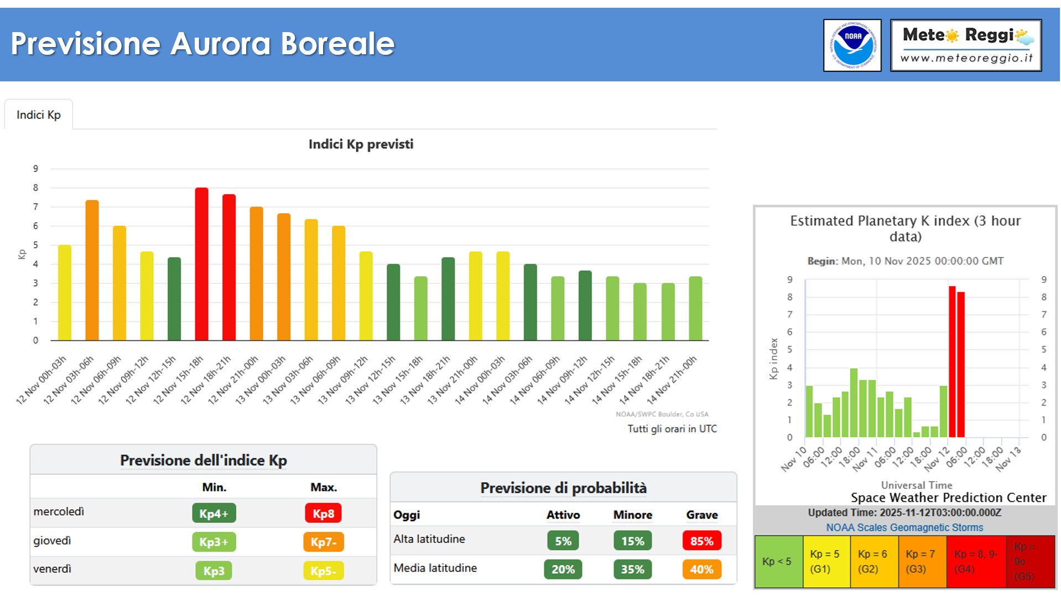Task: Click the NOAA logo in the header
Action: [x=852, y=45]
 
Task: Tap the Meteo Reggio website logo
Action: [x=966, y=45]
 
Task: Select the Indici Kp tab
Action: [x=39, y=115]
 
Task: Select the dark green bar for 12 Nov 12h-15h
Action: [x=174, y=299]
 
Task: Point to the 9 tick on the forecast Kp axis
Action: [x=35, y=169]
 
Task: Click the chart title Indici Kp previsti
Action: [x=361, y=144]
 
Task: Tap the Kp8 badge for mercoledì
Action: [x=323, y=513]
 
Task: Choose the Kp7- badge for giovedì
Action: [x=323, y=542]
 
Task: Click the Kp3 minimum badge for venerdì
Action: [x=214, y=571]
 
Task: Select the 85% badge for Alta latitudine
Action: [x=701, y=541]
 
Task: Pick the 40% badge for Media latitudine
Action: [x=701, y=570]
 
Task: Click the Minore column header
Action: [x=632, y=515]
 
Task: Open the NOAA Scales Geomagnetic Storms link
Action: [x=904, y=527]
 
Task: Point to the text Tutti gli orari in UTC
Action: [x=672, y=429]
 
